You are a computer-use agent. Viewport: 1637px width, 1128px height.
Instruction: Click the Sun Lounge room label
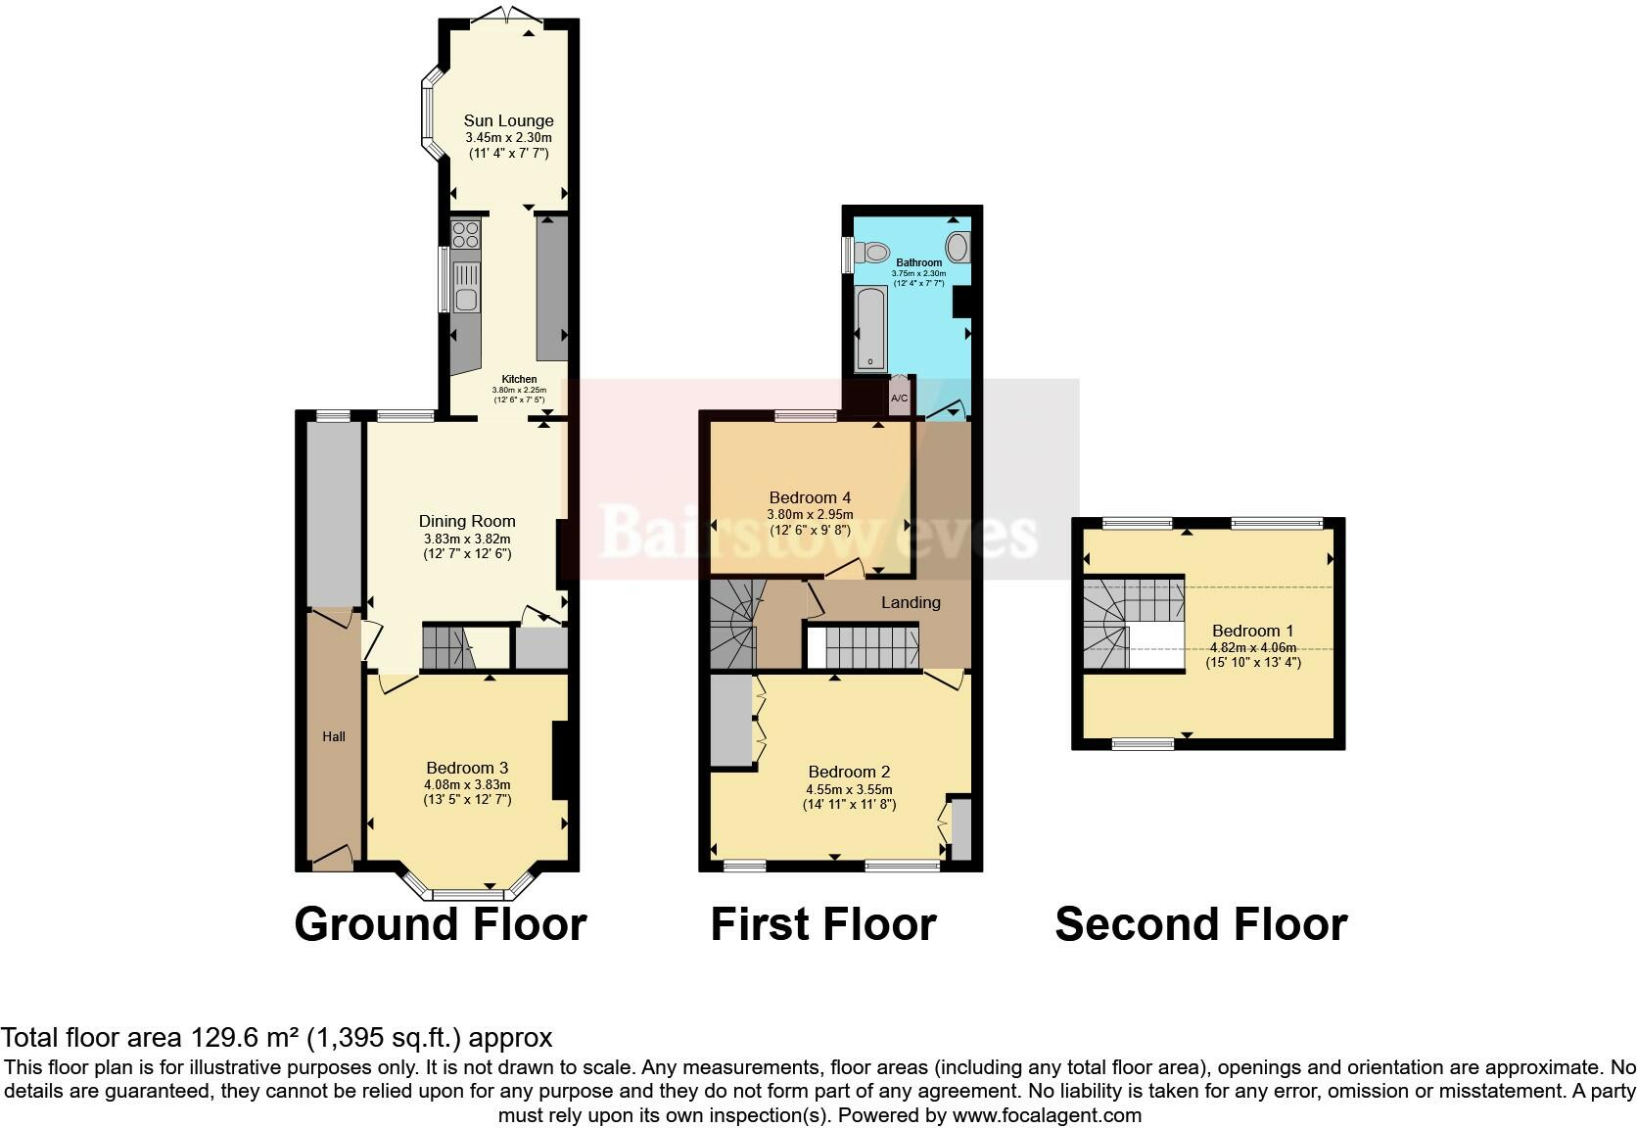(x=508, y=121)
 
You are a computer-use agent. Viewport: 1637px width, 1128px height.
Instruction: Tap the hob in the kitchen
(x=465, y=235)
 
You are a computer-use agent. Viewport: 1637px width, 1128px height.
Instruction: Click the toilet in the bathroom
(x=870, y=252)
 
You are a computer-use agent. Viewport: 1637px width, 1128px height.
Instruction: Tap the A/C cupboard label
(x=899, y=399)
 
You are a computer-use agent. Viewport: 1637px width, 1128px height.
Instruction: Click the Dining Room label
(x=467, y=522)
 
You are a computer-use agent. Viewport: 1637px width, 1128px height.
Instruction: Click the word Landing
(x=911, y=603)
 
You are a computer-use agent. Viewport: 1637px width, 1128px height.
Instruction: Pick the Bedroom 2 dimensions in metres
(x=849, y=789)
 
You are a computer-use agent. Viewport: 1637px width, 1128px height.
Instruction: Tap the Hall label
(x=334, y=736)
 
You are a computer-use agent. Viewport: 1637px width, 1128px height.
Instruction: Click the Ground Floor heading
(x=440, y=924)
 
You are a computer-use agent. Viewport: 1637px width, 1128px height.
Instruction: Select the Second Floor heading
(x=1200, y=924)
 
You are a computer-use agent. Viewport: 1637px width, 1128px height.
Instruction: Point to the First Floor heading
(x=822, y=924)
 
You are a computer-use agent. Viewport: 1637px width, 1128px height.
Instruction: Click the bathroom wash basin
(x=958, y=246)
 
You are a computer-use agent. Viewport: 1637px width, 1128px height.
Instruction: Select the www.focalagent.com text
(x=1046, y=1115)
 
